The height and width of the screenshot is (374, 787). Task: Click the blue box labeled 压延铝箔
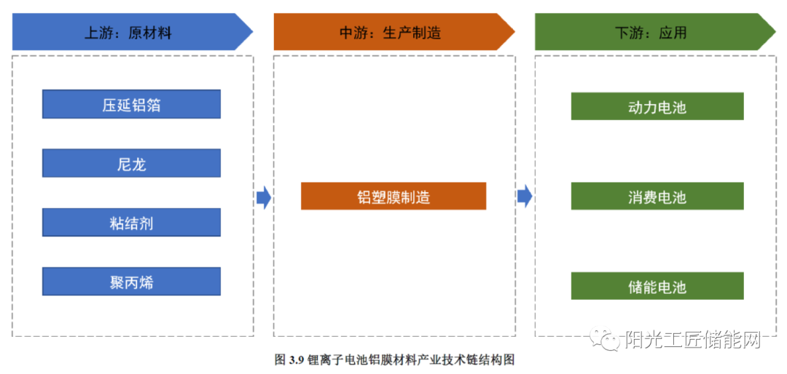[x=131, y=104]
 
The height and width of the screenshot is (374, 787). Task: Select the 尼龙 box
[x=131, y=163]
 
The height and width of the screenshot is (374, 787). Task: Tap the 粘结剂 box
[x=131, y=223]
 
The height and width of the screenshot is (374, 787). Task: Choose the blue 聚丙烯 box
[x=131, y=282]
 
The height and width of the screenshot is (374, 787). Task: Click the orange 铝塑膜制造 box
[x=393, y=196]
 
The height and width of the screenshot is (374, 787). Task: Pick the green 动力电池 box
[x=657, y=106]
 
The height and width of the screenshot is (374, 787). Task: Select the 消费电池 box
[x=657, y=196]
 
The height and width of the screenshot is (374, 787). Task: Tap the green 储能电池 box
[x=657, y=286]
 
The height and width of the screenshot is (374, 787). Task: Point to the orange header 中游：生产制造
[x=394, y=32]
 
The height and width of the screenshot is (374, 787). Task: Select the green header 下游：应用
[x=655, y=32]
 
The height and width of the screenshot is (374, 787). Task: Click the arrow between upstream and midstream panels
[x=264, y=197]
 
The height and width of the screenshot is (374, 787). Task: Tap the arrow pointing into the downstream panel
[x=525, y=196]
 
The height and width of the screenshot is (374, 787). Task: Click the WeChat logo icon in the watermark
[x=606, y=340]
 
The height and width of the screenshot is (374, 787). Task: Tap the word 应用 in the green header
[x=672, y=33]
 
